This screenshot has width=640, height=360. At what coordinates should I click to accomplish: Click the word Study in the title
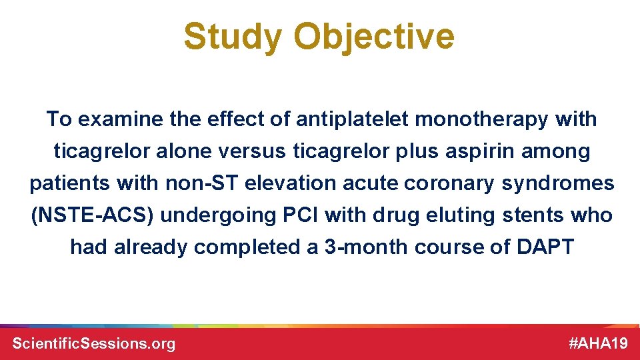click(233, 37)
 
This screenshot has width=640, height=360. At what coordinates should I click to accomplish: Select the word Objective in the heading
click(374, 37)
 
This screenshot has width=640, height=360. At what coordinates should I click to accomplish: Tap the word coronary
click(461, 184)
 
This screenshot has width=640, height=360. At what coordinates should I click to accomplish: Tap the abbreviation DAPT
click(545, 247)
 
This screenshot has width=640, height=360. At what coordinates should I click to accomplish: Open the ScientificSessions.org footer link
click(94, 343)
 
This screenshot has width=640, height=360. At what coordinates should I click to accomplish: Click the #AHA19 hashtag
click(598, 343)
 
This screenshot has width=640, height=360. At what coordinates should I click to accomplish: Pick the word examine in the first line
click(117, 120)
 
